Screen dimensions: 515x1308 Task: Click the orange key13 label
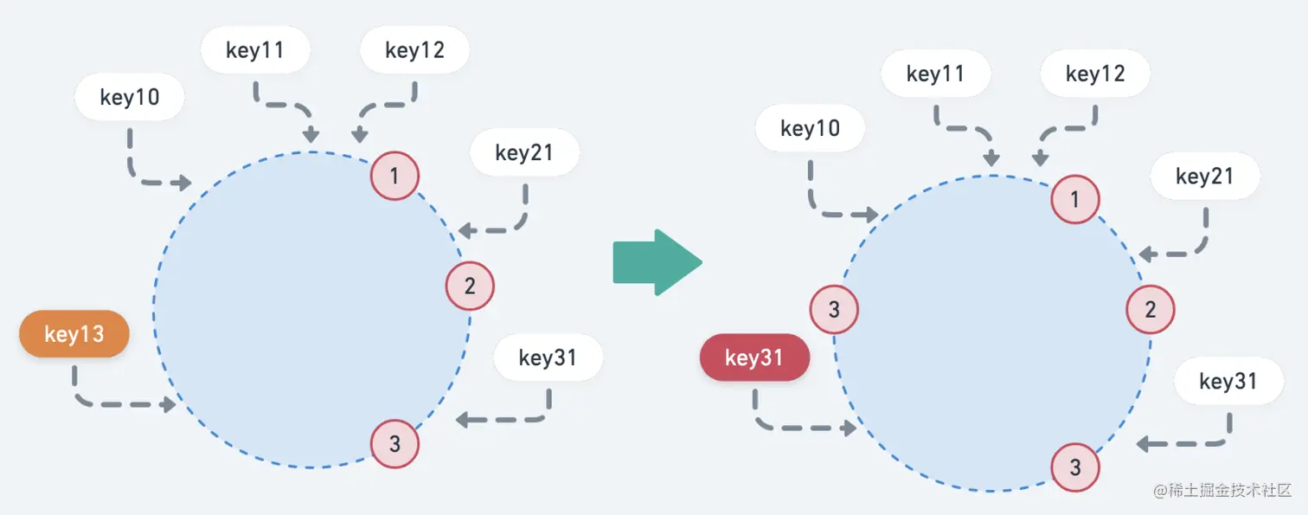point(74,334)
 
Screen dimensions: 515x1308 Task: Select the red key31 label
point(754,358)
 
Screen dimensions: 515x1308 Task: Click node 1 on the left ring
point(394,177)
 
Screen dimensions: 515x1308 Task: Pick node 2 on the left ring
point(470,286)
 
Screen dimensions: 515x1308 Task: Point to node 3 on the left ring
point(394,444)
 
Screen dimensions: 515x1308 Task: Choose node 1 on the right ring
point(1075,200)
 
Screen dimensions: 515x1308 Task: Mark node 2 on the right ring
point(1151,309)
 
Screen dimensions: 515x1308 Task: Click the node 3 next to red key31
point(834,309)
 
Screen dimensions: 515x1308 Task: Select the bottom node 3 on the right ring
point(1075,467)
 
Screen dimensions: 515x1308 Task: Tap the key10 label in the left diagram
point(130,97)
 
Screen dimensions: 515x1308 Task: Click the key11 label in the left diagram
point(255,50)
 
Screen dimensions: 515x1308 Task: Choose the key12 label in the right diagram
point(1095,74)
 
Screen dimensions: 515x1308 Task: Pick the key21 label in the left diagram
point(524,153)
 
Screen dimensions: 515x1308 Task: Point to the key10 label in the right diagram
point(810,129)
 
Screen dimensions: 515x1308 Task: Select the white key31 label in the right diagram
point(1228,381)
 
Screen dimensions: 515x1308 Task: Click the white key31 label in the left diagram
point(548,357)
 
